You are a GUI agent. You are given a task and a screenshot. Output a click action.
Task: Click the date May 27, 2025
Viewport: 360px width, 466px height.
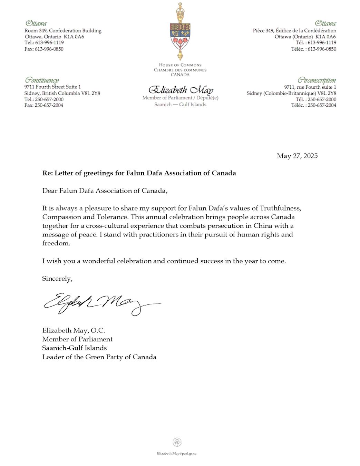click(x=297, y=156)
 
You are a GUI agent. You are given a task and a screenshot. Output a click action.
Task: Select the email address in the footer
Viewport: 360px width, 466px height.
click(x=177, y=453)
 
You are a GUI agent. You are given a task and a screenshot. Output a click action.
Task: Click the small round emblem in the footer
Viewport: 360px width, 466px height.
click(x=177, y=442)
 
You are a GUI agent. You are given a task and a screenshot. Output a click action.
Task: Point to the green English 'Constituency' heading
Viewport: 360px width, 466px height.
click(x=41, y=80)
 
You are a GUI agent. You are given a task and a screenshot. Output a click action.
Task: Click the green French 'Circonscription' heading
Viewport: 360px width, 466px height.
click(x=317, y=80)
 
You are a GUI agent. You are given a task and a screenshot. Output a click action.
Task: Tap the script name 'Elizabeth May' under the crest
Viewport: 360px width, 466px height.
click(x=181, y=90)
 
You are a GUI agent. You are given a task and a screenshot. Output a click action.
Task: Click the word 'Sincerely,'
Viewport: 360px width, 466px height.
click(x=57, y=279)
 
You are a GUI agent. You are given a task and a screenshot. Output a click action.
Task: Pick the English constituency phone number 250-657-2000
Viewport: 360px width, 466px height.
click(x=49, y=99)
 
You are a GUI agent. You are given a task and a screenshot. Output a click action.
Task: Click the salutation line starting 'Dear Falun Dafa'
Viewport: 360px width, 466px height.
click(x=105, y=191)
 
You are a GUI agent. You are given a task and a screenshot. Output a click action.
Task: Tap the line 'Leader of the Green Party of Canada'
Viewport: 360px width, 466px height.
click(x=99, y=357)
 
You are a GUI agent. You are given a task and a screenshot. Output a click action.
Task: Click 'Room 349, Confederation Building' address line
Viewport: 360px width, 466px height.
click(x=63, y=31)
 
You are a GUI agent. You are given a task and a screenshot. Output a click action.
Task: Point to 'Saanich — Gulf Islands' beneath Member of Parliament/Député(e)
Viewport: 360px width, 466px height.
click(x=180, y=105)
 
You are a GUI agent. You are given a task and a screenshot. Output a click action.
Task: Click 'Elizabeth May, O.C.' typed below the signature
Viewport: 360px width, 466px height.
click(x=74, y=330)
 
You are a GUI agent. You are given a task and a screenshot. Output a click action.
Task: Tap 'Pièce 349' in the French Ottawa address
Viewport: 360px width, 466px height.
click(x=263, y=31)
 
